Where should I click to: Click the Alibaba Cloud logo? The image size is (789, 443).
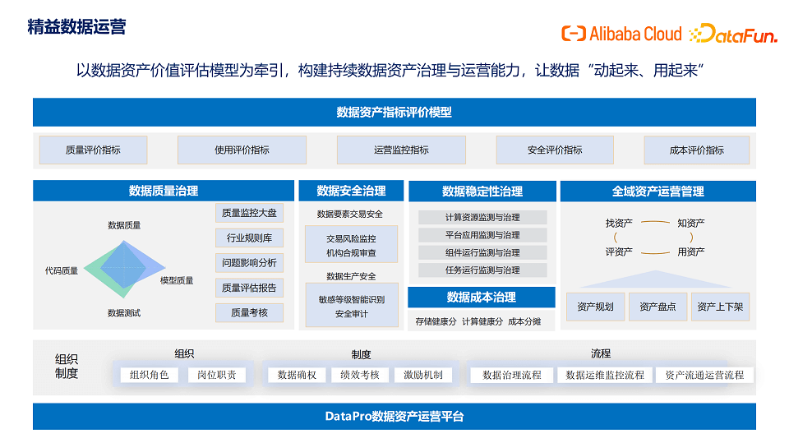[621, 34]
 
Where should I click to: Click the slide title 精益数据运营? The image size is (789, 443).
[76, 27]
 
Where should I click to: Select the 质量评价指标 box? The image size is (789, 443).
[93, 150]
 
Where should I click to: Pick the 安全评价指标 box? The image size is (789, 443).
[555, 150]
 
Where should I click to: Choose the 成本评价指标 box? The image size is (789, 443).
[697, 150]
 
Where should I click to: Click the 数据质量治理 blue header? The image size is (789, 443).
[164, 192]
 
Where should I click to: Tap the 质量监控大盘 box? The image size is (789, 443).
[250, 214]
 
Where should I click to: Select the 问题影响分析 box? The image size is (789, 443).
[250, 263]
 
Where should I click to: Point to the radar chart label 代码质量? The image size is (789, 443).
[62, 270]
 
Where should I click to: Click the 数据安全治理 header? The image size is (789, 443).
[351, 192]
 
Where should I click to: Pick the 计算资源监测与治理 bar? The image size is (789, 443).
[482, 218]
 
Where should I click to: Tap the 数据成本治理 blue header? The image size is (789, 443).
[482, 298]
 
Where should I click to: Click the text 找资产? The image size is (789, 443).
[619, 223]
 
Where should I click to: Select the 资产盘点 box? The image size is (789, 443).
[657, 307]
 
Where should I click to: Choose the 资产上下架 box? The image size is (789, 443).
[720, 307]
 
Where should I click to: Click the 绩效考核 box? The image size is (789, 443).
[360, 375]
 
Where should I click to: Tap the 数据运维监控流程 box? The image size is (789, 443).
[606, 375]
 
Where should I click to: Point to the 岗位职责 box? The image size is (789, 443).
[217, 375]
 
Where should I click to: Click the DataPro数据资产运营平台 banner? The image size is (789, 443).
[394, 417]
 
